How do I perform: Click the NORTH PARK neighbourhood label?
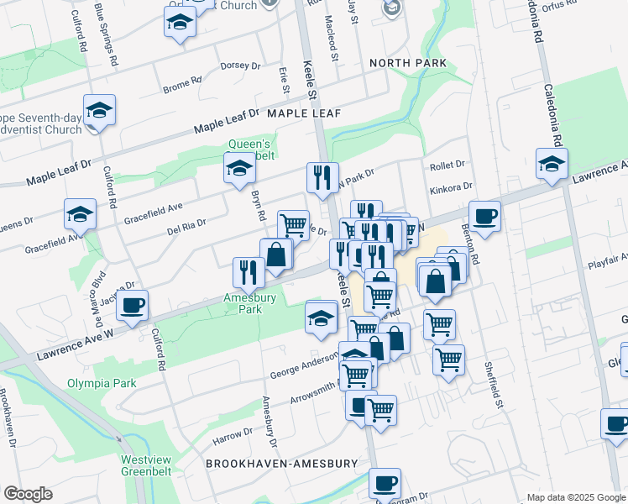point(407,64)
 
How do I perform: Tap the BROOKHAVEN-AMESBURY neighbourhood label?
point(282,464)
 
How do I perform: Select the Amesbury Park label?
point(243,303)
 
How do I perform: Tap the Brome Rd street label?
point(182,84)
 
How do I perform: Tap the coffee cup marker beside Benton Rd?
point(484,217)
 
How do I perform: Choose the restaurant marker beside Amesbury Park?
point(249,271)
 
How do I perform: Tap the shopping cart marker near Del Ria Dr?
point(293,224)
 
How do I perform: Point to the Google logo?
point(28,494)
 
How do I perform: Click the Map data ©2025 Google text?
point(574,497)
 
